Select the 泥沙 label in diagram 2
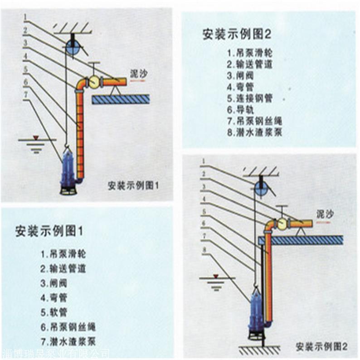(325, 213)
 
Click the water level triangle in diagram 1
(37, 136)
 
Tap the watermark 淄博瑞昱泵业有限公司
(54, 353)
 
